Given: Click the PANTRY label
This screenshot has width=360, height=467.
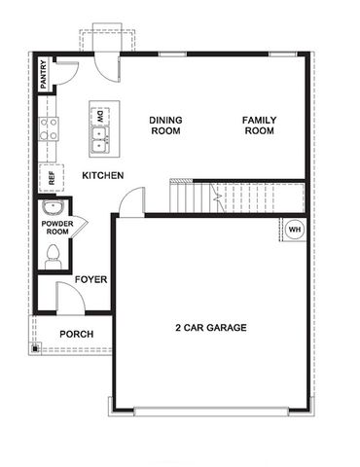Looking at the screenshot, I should [44, 73].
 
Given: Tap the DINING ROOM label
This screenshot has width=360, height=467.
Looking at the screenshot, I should [165, 126].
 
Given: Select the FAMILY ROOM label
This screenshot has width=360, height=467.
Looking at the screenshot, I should [259, 126].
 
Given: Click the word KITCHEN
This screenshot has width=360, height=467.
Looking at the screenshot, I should [102, 175].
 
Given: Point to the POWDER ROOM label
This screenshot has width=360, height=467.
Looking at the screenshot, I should [56, 228].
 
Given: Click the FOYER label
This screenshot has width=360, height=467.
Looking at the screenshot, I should [90, 279].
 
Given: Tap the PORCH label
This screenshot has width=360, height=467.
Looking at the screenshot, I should [76, 334].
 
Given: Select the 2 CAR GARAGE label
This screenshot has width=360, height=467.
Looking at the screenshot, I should [210, 328].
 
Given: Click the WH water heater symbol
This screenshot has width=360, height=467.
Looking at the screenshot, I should [293, 230].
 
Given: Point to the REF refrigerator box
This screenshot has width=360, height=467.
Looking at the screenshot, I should [47, 178].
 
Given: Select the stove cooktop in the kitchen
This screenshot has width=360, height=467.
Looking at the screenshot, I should [48, 129].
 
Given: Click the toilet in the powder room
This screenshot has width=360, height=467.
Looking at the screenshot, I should [54, 257].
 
